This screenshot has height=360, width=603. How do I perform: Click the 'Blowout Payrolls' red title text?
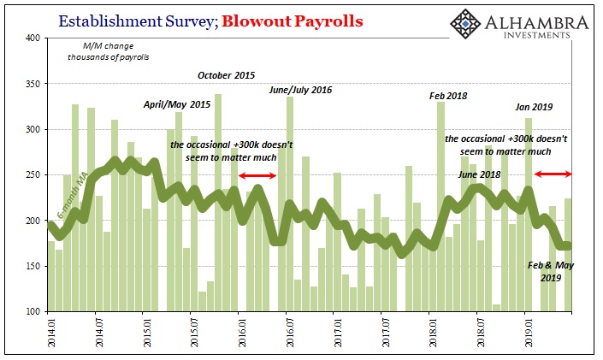[x=293, y=21]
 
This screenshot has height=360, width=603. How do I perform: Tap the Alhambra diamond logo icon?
[x=465, y=24]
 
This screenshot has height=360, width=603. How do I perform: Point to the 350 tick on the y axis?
[x=33, y=84]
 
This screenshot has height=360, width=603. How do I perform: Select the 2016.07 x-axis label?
[x=290, y=333]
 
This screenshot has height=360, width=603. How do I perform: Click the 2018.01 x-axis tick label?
[x=433, y=333]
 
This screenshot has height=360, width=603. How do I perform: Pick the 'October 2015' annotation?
[x=226, y=75]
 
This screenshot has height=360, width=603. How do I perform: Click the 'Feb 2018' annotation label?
[x=448, y=96]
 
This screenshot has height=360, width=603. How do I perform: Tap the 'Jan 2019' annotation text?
[x=534, y=107]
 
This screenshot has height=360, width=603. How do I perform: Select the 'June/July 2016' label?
[x=300, y=90]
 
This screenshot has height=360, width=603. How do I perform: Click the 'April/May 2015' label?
[x=177, y=104]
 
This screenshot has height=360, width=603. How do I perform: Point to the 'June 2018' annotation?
[x=479, y=174]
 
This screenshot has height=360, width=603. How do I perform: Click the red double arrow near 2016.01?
[x=257, y=176]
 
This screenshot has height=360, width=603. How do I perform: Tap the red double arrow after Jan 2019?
[x=553, y=174]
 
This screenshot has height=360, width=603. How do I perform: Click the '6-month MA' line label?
[x=74, y=196]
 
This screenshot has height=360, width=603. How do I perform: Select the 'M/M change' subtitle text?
[x=109, y=46]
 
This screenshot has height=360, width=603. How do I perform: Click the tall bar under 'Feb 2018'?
[x=440, y=207]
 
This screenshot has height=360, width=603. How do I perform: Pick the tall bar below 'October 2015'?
[x=217, y=203]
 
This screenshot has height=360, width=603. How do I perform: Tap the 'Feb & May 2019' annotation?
[x=551, y=272]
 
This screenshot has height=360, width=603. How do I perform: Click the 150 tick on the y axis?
[x=33, y=266]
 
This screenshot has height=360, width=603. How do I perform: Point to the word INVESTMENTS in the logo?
[x=536, y=35]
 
